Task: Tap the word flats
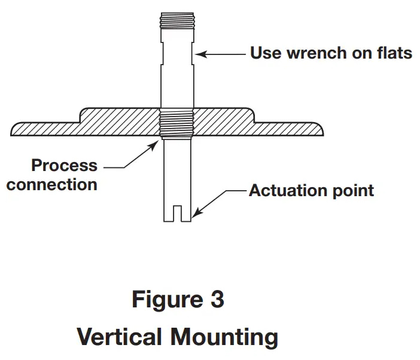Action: click(x=391, y=53)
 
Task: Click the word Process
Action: click(x=63, y=166)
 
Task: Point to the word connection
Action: click(x=52, y=184)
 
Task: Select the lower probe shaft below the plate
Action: click(x=178, y=173)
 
